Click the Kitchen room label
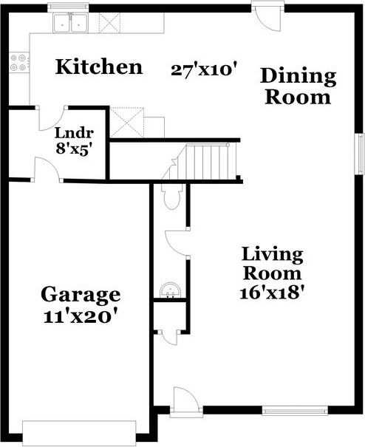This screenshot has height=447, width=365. tap(99, 68)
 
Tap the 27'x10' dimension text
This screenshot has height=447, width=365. tap(203, 70)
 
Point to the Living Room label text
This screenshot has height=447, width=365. tap(272, 264)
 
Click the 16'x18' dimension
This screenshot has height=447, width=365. tap(272, 292)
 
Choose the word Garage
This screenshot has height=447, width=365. tap(80, 295)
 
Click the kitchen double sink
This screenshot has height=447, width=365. tap(71, 24)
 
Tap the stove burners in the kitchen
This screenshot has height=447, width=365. tap(18, 64)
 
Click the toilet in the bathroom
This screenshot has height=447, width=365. tap(171, 197)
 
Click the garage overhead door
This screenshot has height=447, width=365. tap(80, 433)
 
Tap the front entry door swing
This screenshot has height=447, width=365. tap(185, 401)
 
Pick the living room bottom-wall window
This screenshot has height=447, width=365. tap(295, 410)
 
